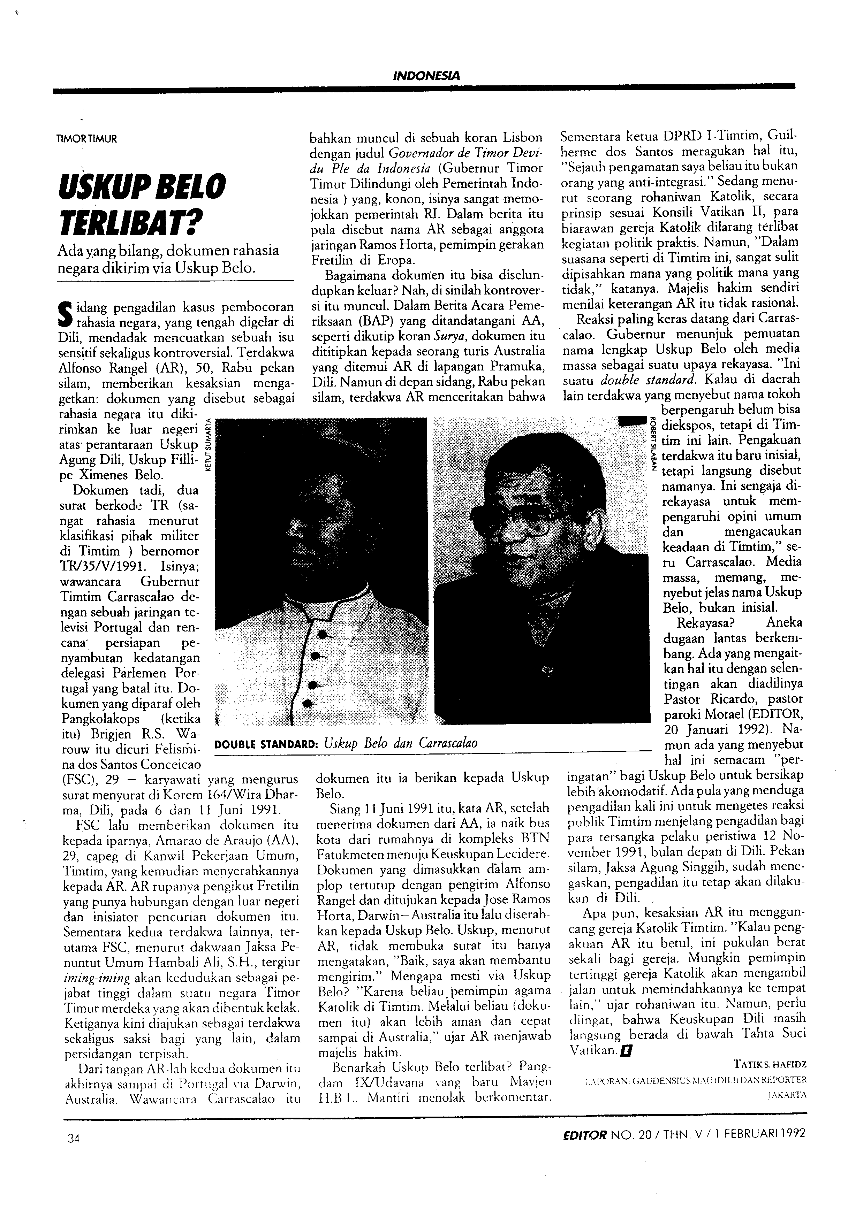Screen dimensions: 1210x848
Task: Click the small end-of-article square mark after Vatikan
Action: [x=627, y=1036]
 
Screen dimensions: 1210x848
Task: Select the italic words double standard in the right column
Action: [x=638, y=379]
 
